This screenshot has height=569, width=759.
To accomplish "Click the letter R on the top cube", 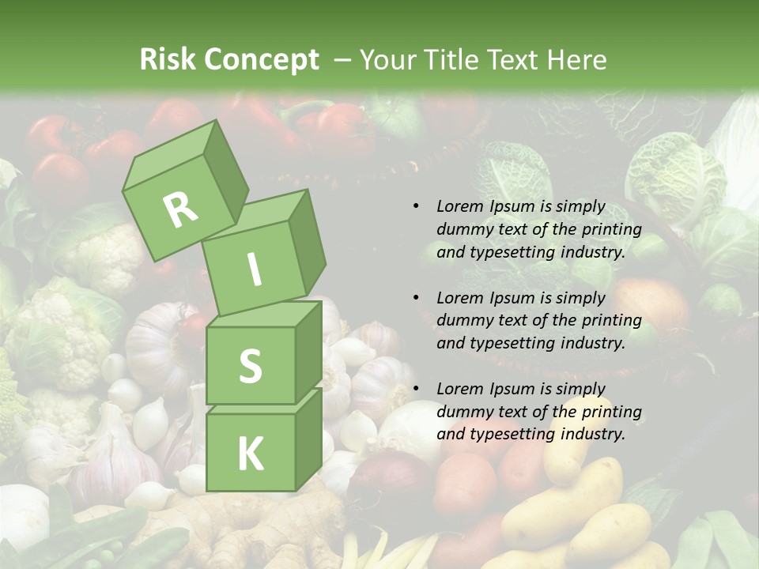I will tap(180, 209).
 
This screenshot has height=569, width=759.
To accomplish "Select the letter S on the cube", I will tap(250, 365).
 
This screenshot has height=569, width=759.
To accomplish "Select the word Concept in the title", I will tap(262, 59).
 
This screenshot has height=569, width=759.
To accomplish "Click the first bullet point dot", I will tap(416, 206).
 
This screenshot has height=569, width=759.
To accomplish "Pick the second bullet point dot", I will tap(416, 298).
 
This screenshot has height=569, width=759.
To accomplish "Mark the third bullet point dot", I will tap(416, 389).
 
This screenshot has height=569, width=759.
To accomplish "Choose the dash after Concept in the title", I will tap(343, 59).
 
